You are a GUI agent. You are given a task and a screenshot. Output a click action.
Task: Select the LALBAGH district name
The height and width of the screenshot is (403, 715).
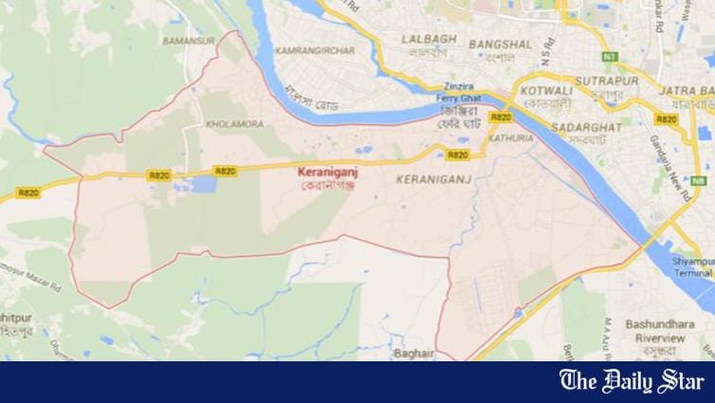pos(430,40)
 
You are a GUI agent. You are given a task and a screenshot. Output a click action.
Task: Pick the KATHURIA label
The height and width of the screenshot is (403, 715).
pos(504,137)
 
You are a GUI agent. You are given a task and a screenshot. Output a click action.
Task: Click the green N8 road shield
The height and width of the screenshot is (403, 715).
pos(699,179)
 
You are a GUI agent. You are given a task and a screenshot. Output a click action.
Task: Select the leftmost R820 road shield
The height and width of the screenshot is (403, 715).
pos(159,175)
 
